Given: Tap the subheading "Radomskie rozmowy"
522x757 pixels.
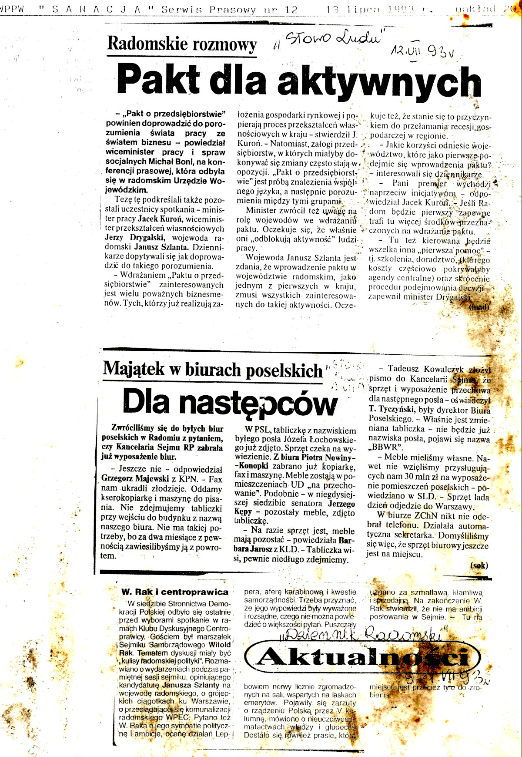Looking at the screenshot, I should click(182, 44).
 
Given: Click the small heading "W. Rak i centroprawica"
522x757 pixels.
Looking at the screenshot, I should click(175, 592).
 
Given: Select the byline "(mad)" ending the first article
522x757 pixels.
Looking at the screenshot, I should click(479, 307).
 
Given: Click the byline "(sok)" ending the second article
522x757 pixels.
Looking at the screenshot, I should click(479, 565).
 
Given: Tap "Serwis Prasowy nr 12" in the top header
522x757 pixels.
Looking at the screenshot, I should click(230, 9).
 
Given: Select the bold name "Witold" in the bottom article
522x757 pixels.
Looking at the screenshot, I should click(220, 645).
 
